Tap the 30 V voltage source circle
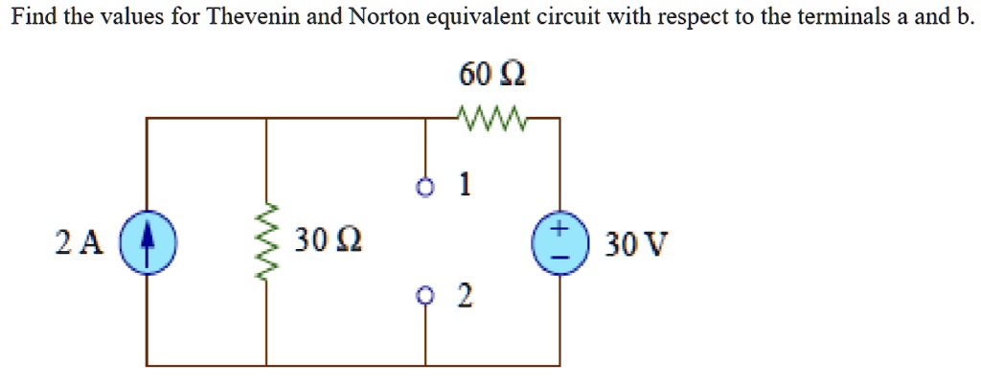pyautogui.click(x=559, y=242)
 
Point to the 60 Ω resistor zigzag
pyautogui.click(x=491, y=120)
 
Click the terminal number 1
pyautogui.click(x=464, y=186)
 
